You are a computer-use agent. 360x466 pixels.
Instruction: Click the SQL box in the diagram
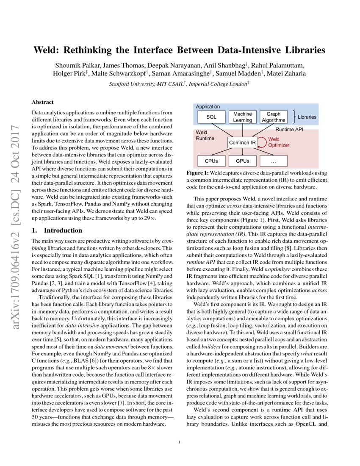211,117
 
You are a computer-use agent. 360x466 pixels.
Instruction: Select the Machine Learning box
242,117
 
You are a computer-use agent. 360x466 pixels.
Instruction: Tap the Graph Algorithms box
273,117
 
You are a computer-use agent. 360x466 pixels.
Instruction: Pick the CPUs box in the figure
211,161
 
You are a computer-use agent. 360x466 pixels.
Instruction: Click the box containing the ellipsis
273,161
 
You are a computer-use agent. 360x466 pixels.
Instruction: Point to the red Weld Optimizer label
278,142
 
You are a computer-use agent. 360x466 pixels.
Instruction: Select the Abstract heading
43,103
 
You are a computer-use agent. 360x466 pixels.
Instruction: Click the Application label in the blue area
208,107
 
